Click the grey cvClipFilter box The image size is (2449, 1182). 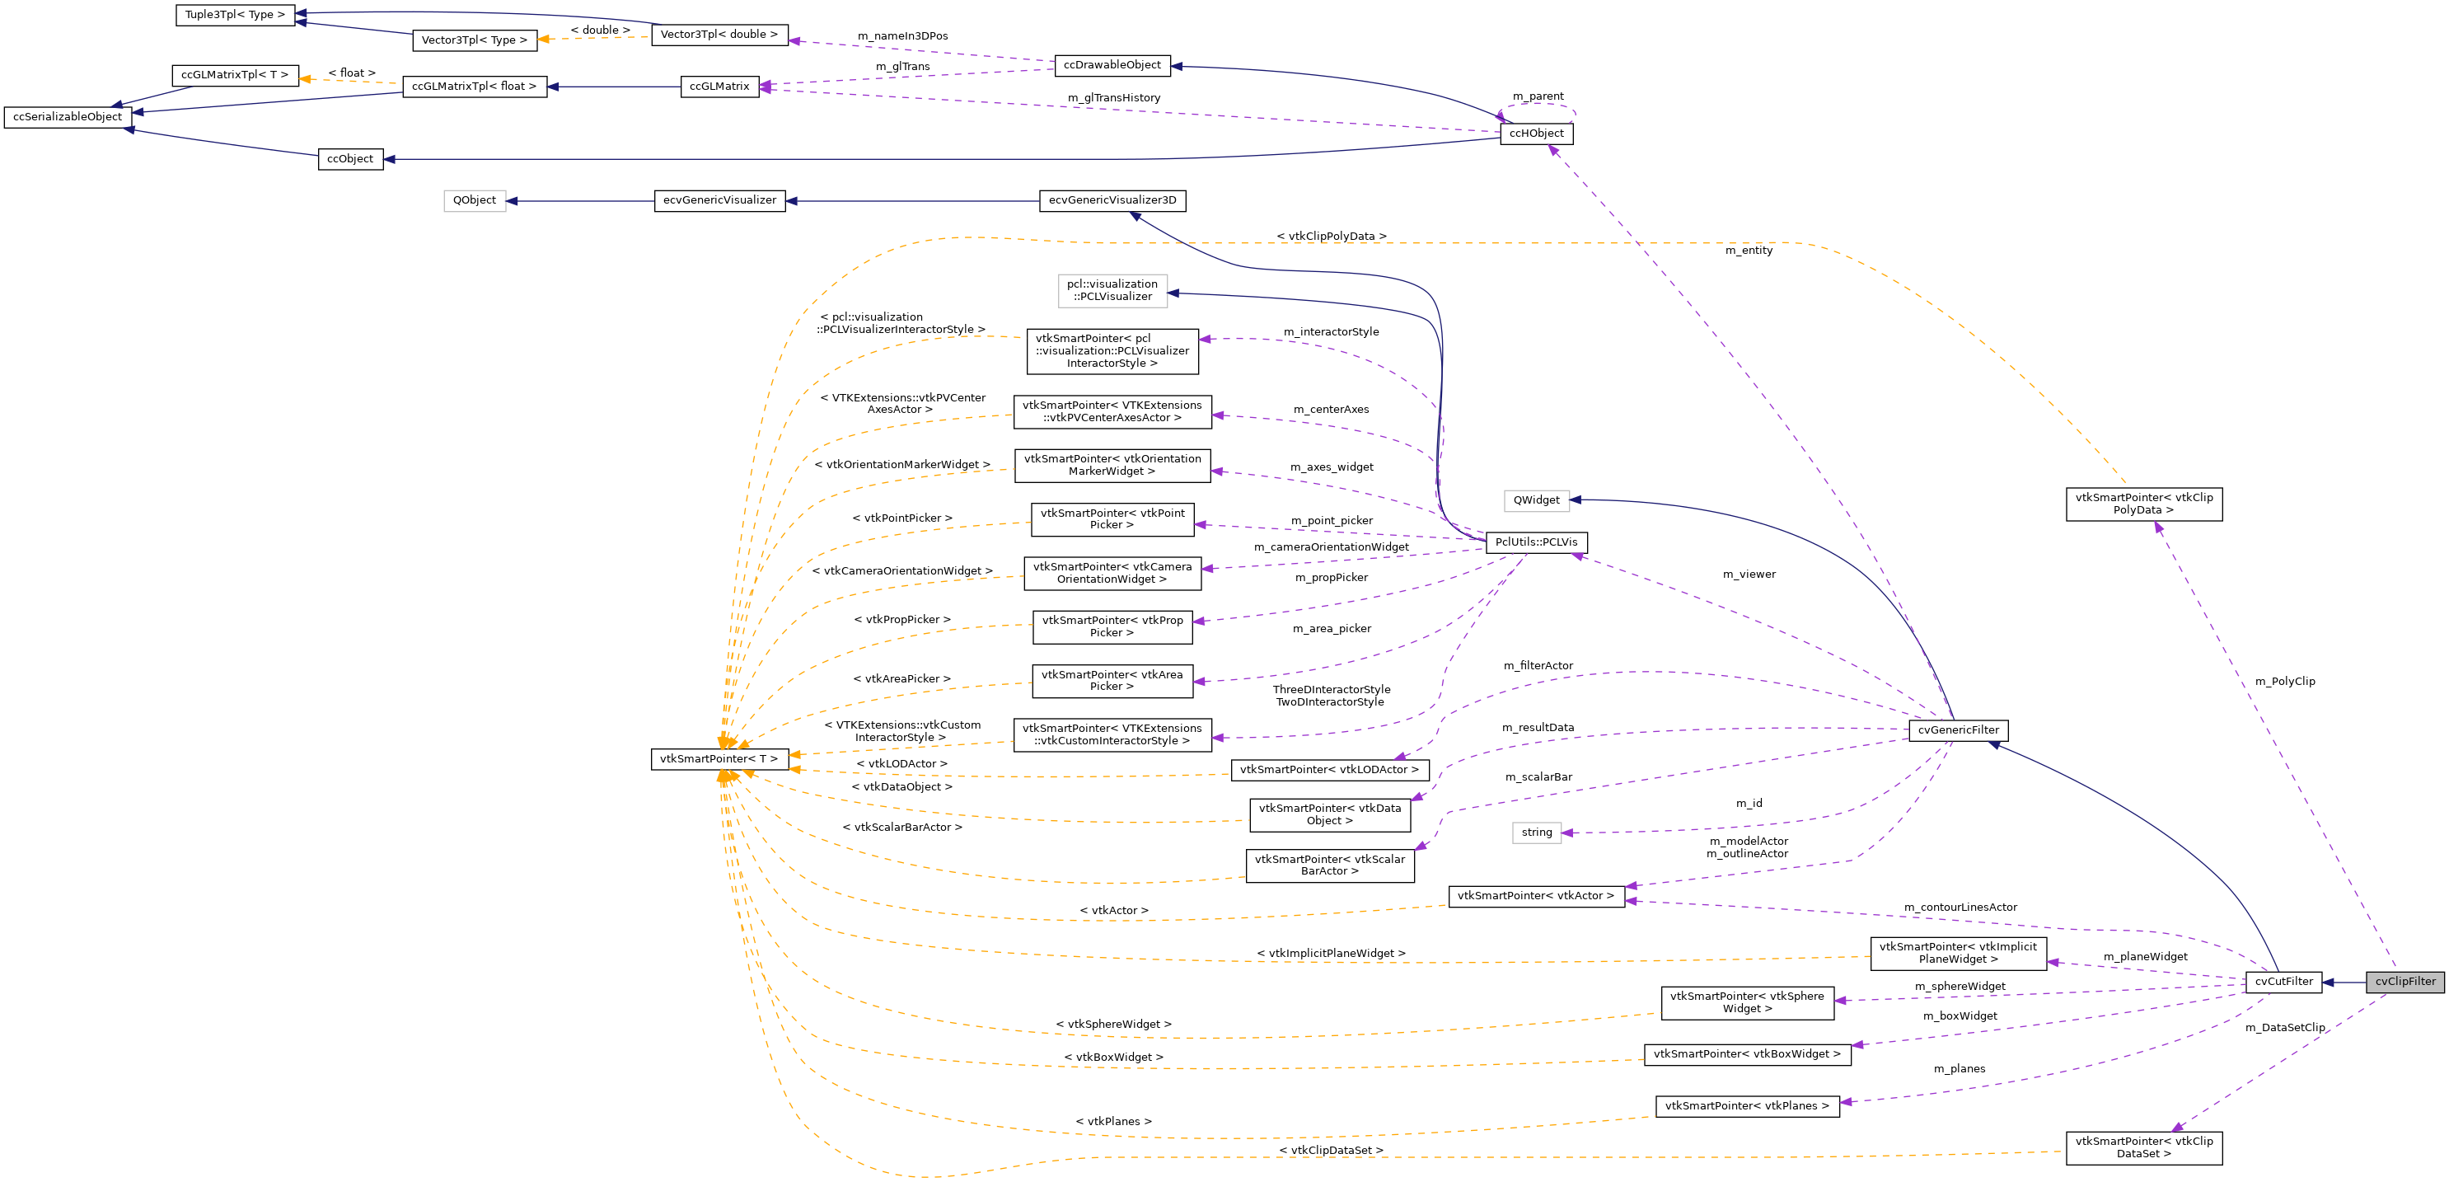click(2405, 982)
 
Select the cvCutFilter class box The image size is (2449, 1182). click(2283, 982)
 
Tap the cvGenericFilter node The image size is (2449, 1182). click(1958, 730)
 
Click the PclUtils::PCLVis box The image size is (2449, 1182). click(1535, 542)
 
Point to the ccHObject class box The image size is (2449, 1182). click(1535, 134)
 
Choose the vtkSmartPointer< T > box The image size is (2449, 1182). click(719, 759)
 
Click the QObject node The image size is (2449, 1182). click(475, 200)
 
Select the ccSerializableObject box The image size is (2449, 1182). click(68, 117)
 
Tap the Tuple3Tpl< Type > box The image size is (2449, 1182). click(235, 15)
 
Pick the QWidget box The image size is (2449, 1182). click(1535, 500)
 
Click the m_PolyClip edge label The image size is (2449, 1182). click(2284, 681)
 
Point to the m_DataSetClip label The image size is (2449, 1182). click(2284, 1027)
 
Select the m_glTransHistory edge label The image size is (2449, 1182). click(1113, 98)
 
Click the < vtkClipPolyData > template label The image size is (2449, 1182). click(1330, 236)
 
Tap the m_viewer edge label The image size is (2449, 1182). click(1749, 575)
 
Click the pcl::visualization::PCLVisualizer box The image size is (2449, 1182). click(1112, 290)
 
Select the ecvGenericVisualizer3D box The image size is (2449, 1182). click(1112, 200)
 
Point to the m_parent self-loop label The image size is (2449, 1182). click(1538, 96)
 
